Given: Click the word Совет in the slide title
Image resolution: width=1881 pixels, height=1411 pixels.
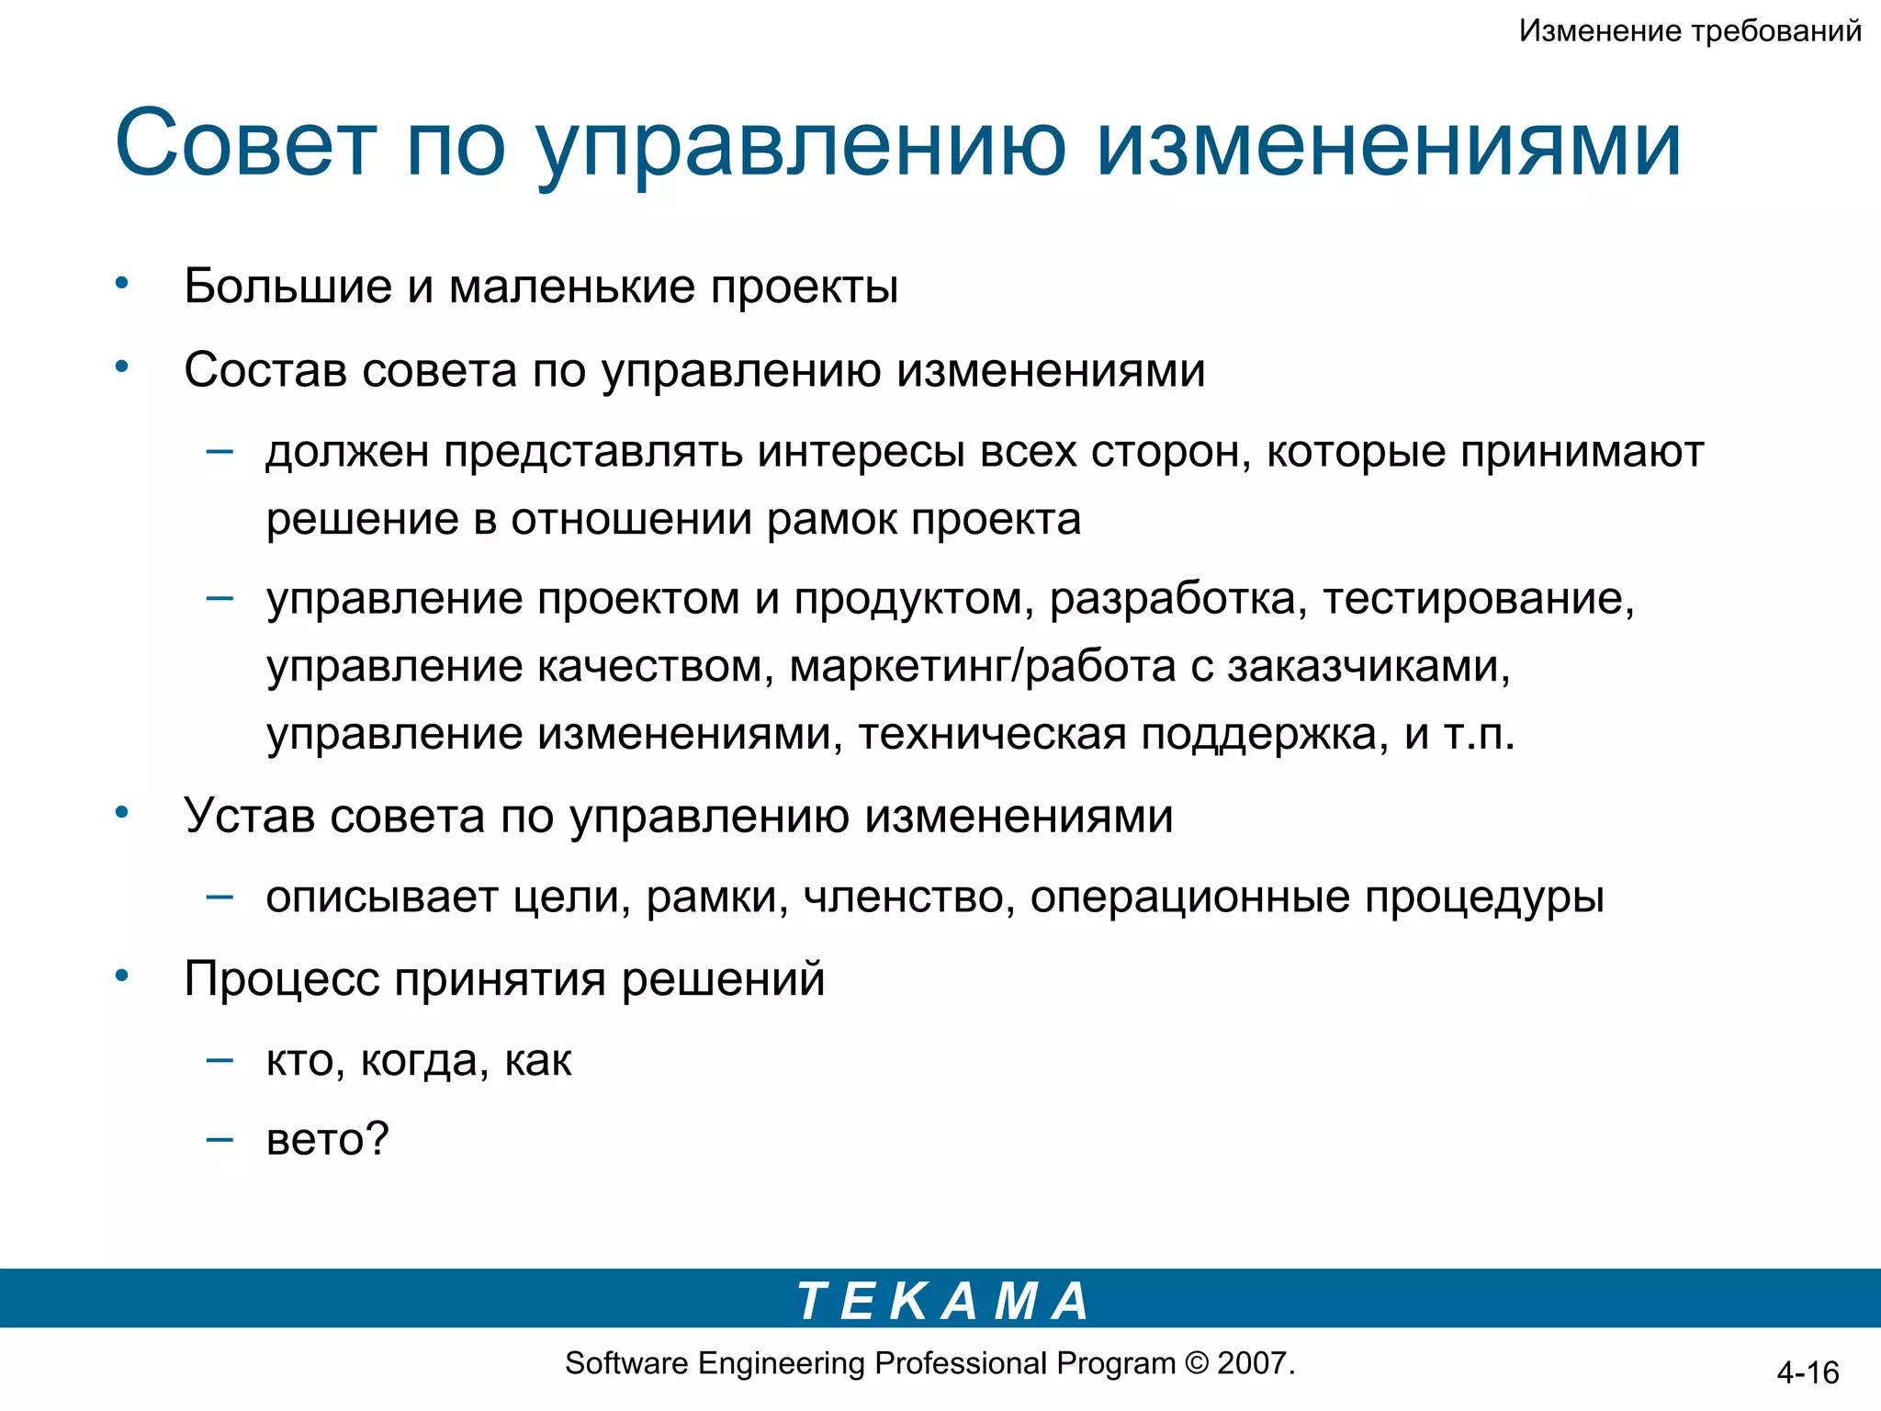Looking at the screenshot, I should (245, 144).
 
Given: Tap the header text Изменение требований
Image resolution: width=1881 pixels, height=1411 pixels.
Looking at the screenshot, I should (1690, 31).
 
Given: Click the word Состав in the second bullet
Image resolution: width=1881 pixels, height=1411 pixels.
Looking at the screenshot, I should (266, 370).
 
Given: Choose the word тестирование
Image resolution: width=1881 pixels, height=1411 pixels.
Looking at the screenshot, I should (1478, 599).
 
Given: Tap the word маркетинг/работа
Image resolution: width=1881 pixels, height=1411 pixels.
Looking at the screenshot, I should (982, 666).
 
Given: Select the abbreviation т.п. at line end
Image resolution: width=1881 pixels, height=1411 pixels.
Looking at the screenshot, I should (1479, 734).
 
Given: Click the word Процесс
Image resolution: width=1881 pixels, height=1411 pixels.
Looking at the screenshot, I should (281, 979).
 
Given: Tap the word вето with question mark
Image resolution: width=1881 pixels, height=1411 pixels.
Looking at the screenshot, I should (327, 1140).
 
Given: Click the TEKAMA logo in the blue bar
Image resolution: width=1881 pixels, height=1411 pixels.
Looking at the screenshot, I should (942, 1301).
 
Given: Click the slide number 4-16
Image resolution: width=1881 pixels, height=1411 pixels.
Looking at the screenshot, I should (1808, 1373).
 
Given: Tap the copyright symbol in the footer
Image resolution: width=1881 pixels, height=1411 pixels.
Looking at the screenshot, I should (1197, 1363).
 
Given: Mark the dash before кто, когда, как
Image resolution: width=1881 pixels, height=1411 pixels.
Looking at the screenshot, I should (220, 1060).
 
